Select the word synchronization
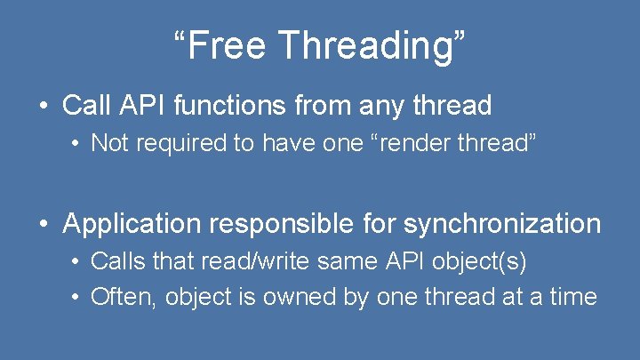(x=502, y=224)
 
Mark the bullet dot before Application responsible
(x=44, y=225)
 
